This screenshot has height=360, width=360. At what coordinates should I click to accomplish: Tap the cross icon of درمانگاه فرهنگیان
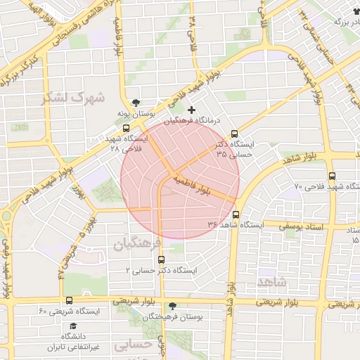191,110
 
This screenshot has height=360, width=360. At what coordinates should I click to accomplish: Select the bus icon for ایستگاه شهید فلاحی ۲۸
126,129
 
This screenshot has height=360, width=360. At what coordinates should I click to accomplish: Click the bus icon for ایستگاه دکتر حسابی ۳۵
235,134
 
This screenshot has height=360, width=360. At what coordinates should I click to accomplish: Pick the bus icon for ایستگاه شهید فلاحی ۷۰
332,176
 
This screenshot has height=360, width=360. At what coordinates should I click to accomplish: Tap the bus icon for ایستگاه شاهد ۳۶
236,214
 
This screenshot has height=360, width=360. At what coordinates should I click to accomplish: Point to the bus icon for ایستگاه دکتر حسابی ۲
162,259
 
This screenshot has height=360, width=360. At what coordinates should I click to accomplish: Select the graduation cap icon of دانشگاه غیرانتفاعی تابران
73,326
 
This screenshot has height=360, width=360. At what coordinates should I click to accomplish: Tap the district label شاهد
271,281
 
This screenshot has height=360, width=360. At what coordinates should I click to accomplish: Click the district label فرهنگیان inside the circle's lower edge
138,243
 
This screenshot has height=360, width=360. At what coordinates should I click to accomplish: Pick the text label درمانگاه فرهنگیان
192,122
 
